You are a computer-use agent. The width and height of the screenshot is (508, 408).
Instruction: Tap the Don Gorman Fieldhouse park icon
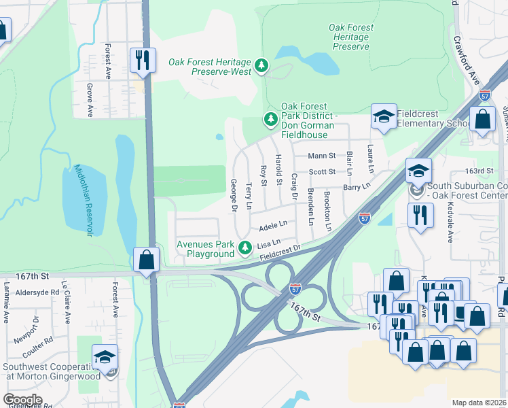tap(271, 120)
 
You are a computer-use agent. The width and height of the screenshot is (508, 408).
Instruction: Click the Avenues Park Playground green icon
tap(244, 250)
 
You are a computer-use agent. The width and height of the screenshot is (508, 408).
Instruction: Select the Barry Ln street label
tap(357, 186)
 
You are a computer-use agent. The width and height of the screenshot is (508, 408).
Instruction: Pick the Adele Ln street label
tap(273, 224)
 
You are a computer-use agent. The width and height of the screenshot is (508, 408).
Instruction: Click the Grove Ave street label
tap(90, 99)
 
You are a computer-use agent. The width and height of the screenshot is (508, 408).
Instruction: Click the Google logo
tap(22, 400)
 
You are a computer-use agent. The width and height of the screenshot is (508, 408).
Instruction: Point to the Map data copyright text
tap(479, 403)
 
